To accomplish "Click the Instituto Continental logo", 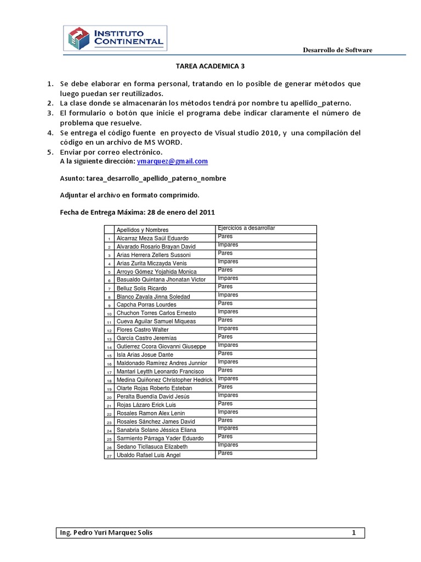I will pyautogui.click(x=115, y=38).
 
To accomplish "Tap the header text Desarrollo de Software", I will pyautogui.click(x=338, y=50).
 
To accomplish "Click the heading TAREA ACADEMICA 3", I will pyautogui.click(x=210, y=66).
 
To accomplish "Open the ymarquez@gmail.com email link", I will pyautogui.click(x=172, y=161).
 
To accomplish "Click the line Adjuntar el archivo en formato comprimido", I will pyautogui.click(x=129, y=195).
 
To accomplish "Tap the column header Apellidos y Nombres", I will pyautogui.click(x=143, y=230).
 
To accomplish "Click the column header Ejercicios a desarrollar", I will pyautogui.click(x=246, y=228).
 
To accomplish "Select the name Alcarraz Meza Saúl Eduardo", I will pyautogui.click(x=153, y=238).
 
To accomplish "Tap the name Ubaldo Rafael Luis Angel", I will pyautogui.click(x=149, y=455).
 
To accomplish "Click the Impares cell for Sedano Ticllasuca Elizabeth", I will pyautogui.click(x=228, y=445).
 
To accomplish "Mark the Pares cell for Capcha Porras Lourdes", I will pyautogui.click(x=225, y=304).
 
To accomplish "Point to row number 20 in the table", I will pyautogui.click(x=109, y=397).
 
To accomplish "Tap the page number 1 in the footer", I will pyautogui.click(x=354, y=533).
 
